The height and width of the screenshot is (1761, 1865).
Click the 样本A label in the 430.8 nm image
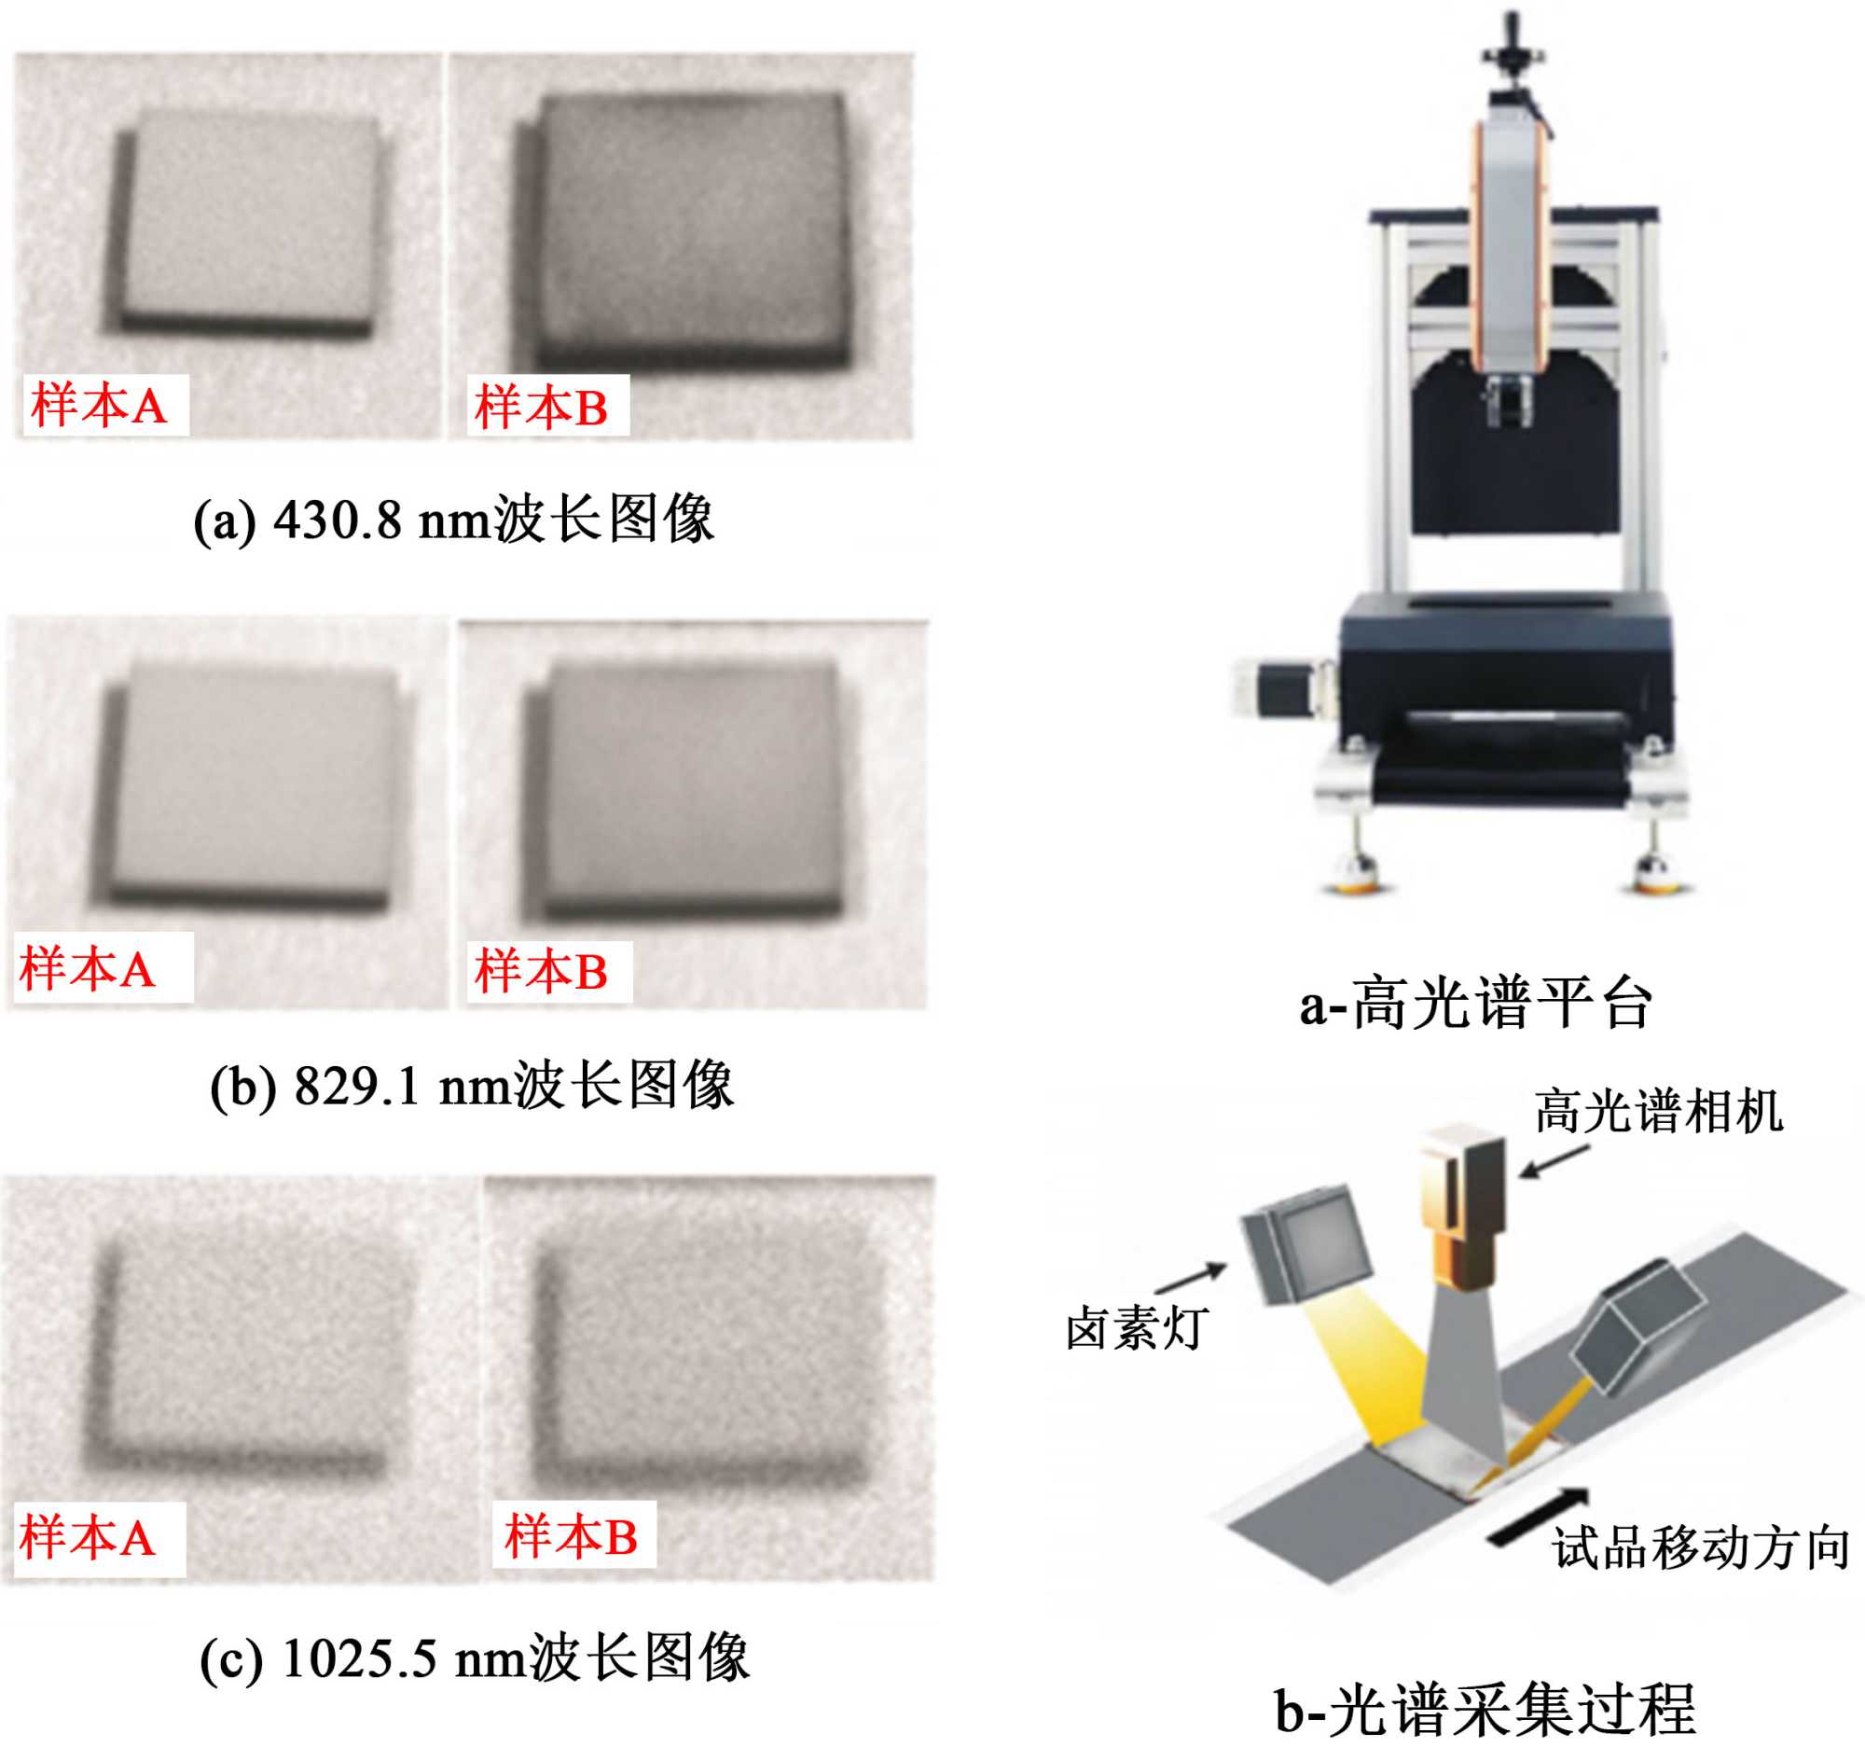[x=100, y=407]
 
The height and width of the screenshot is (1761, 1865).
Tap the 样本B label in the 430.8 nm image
[x=542, y=408]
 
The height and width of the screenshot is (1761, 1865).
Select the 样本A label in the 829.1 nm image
[x=88, y=969]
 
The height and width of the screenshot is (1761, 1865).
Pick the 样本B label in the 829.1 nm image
[x=542, y=971]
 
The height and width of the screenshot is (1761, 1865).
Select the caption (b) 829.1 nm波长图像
[x=472, y=1086]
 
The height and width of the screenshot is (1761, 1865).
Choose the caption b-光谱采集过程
[x=1484, y=1711]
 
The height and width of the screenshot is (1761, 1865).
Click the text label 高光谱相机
[x=1659, y=1113]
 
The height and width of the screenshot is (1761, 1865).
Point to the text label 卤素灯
[x=1137, y=1328]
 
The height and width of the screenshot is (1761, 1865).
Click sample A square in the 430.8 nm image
[x=247, y=226]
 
